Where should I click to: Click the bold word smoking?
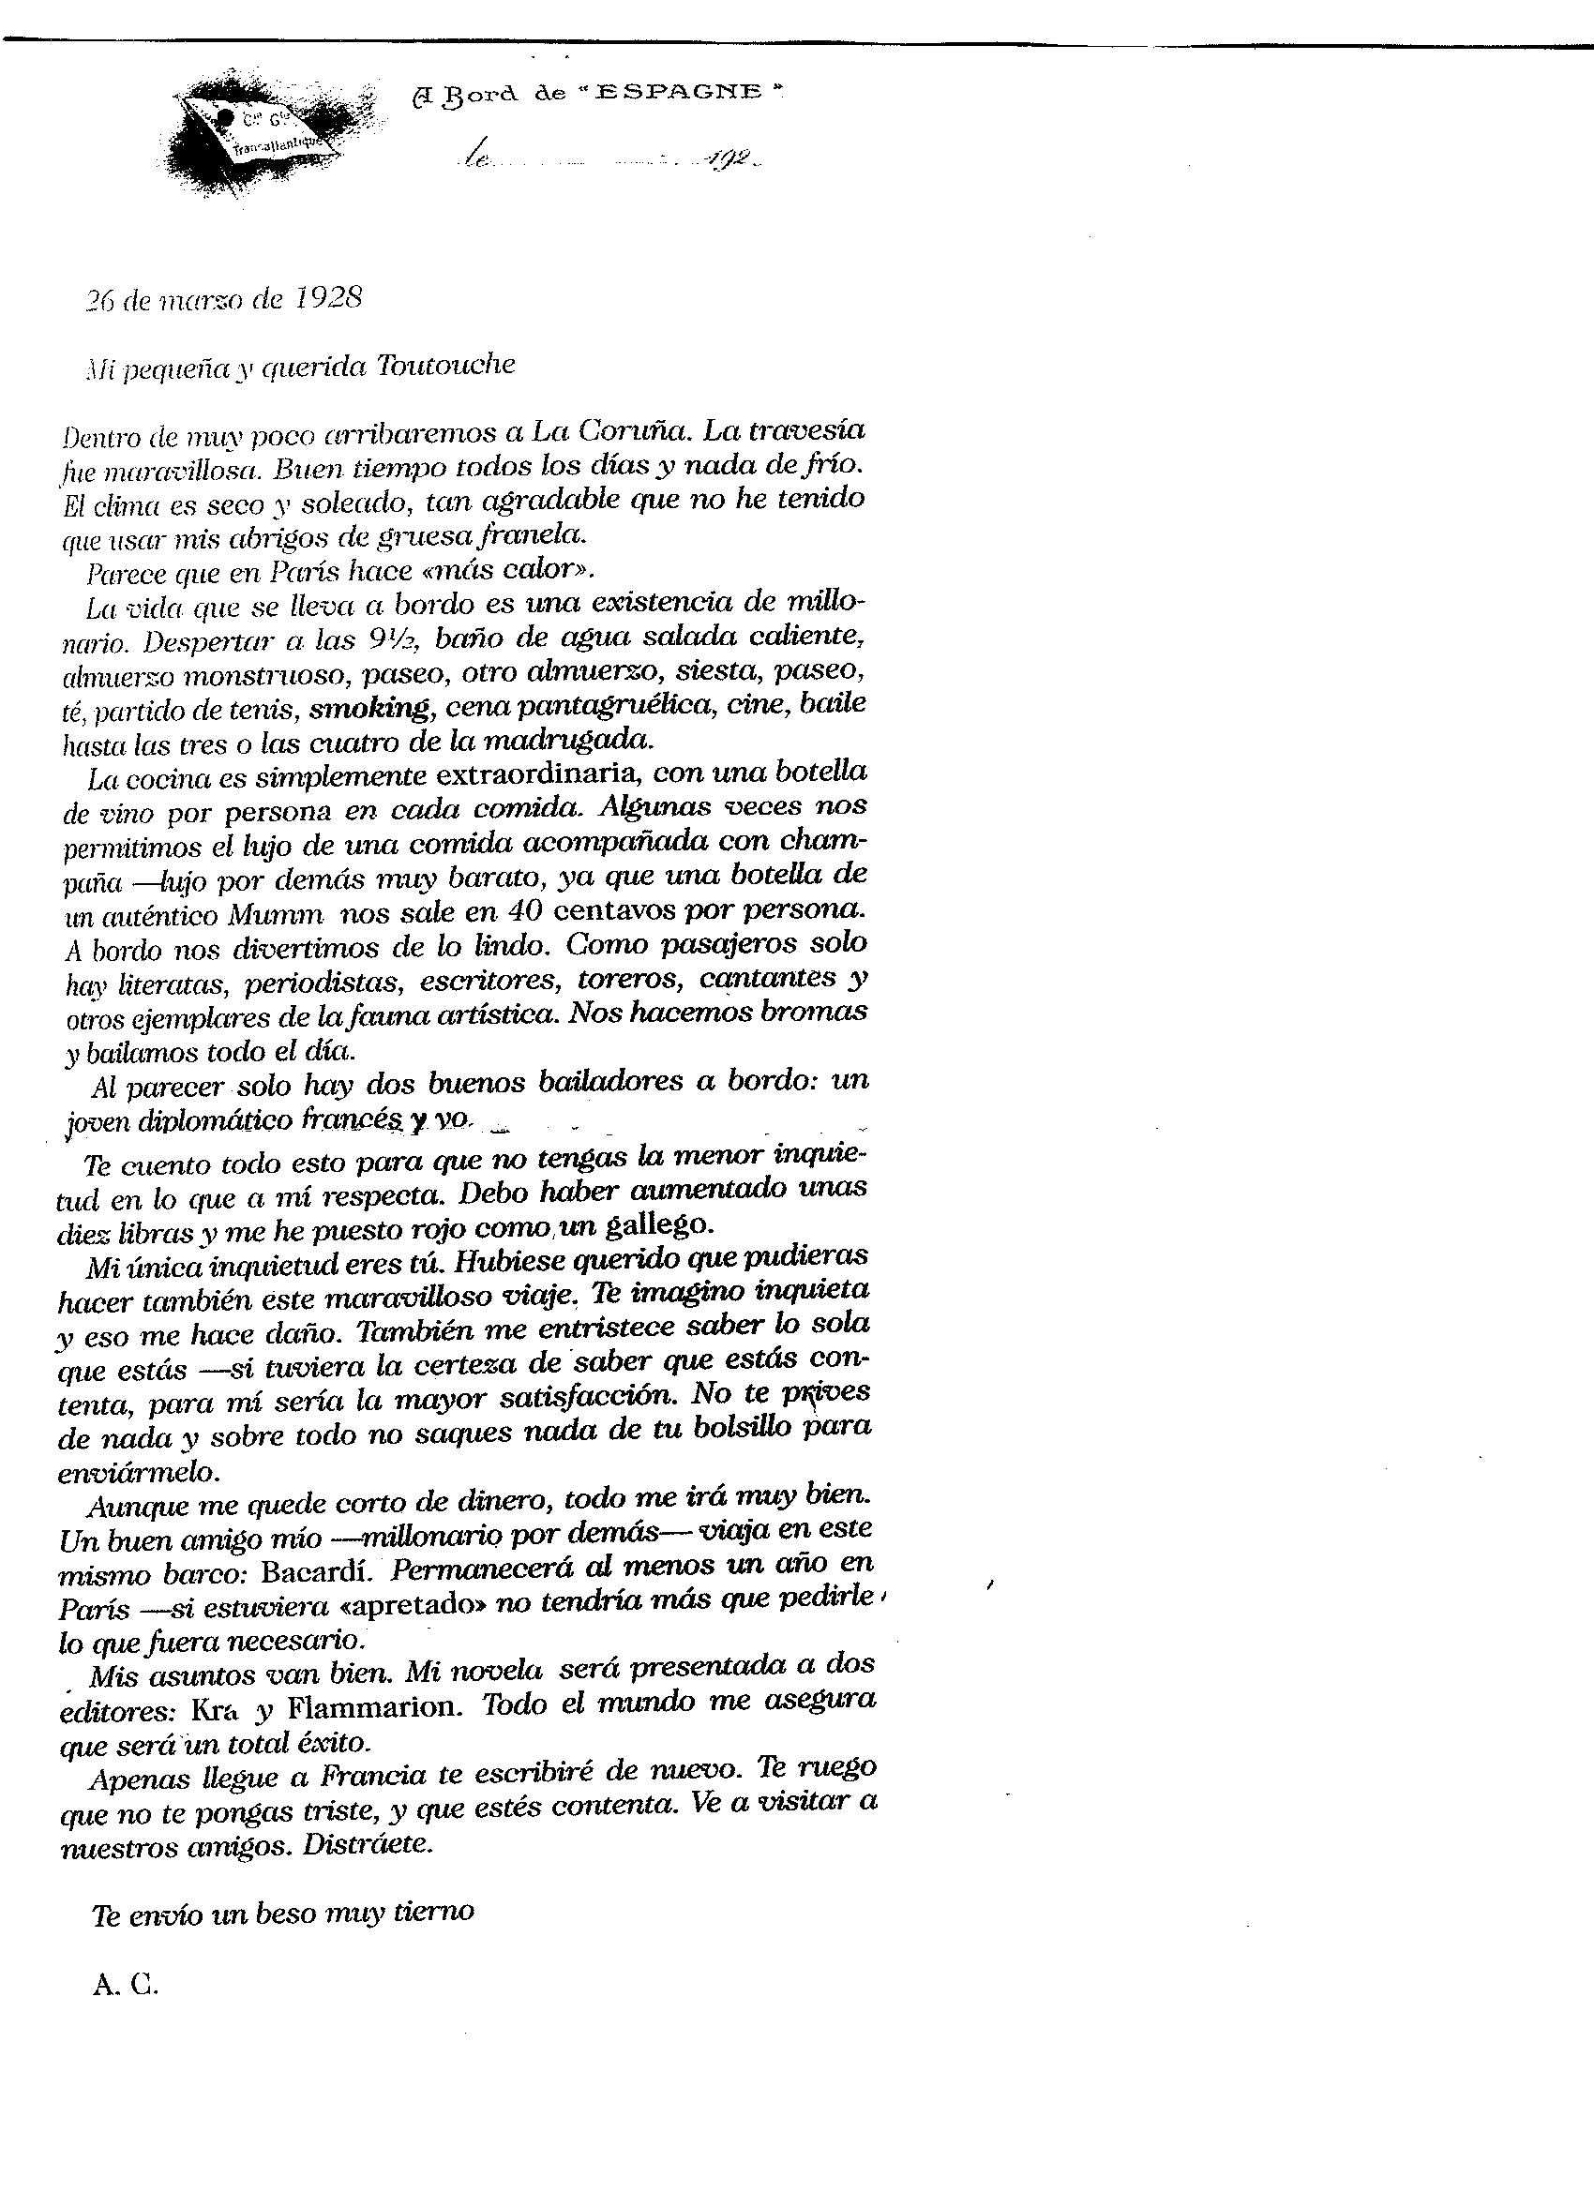(x=369, y=708)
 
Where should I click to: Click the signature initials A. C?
(x=126, y=1983)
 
